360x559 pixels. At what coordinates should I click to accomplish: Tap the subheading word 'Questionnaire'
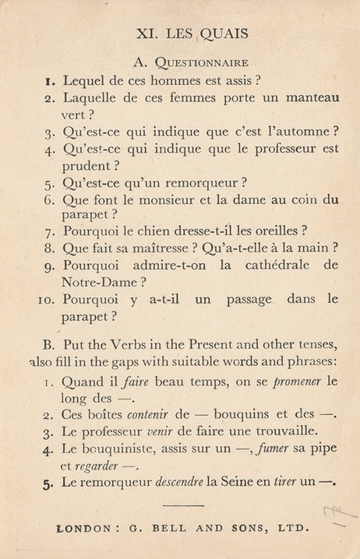point(202,62)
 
